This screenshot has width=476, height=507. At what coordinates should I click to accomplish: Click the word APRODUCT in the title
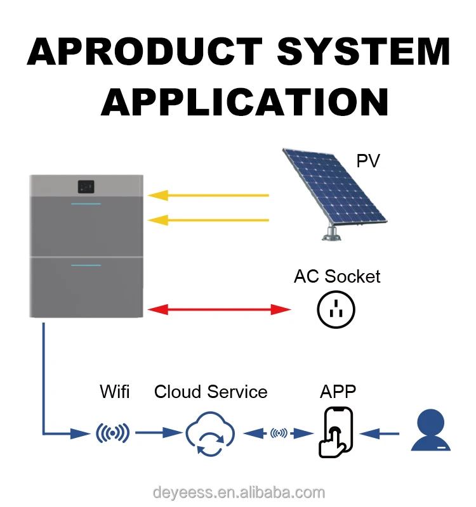click(x=145, y=52)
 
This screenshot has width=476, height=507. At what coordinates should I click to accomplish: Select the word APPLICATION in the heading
click(x=244, y=101)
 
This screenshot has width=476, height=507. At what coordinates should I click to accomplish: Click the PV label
click(x=367, y=161)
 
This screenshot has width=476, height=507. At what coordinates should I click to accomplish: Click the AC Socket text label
click(x=337, y=277)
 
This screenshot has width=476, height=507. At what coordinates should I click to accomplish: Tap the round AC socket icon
click(x=336, y=309)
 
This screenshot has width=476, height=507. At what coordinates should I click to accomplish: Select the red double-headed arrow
click(x=219, y=310)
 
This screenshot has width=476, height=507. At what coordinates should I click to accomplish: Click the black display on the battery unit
click(x=86, y=186)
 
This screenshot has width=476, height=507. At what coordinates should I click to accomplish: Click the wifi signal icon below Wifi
click(x=112, y=433)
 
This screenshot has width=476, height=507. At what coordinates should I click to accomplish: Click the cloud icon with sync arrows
click(x=209, y=434)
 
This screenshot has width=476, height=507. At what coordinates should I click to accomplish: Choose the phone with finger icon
click(x=334, y=432)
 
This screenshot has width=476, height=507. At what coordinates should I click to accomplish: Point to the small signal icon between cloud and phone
click(x=278, y=433)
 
